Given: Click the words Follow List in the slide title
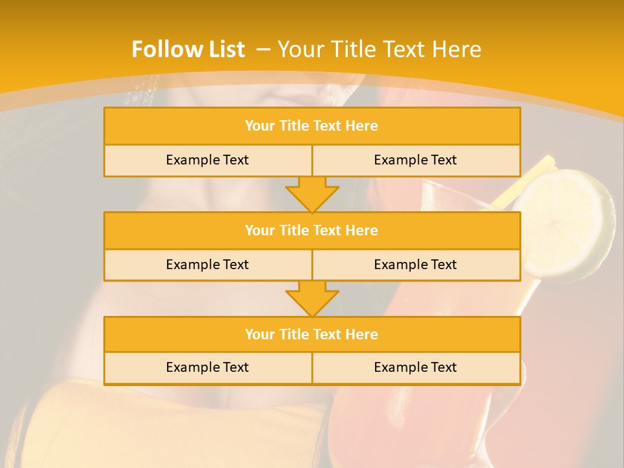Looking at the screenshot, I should click(188, 49).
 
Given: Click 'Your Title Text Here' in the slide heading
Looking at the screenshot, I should click(380, 49).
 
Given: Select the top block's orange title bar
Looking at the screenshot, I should click(312, 126).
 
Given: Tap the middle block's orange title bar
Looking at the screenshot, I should click(312, 230).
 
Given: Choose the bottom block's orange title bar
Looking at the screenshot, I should click(312, 334).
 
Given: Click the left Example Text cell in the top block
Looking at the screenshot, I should click(207, 160).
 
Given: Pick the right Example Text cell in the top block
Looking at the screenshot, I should click(415, 160).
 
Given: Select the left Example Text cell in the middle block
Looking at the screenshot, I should click(207, 265).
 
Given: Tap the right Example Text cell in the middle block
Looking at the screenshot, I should click(415, 265).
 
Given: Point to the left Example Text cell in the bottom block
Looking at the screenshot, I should click(207, 367).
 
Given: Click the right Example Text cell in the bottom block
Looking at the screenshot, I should click(415, 367).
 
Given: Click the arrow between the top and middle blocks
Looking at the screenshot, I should click(312, 194).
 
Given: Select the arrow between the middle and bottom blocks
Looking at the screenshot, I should click(312, 298).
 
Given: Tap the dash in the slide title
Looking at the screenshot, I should click(263, 49).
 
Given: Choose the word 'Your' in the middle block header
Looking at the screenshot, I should click(260, 230).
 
